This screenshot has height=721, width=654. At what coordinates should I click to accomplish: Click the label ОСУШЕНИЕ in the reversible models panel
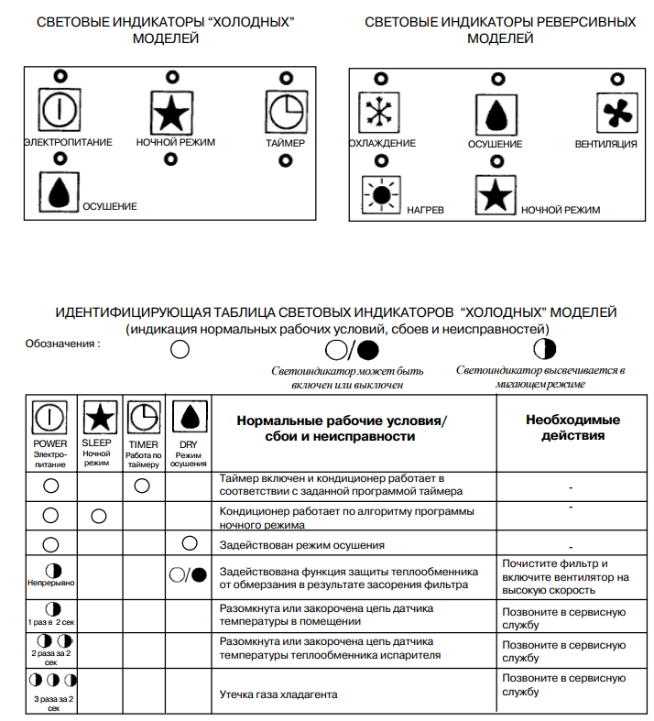pyautogui.click(x=496, y=144)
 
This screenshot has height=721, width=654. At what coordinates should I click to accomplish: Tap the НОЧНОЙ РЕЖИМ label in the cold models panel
pyautogui.click(x=170, y=143)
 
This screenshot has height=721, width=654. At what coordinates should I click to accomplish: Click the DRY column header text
pyautogui.click(x=189, y=444)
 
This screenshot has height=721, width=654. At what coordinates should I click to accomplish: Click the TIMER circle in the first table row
pyautogui.click(x=142, y=486)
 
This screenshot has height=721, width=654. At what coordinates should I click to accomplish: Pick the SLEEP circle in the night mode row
pyautogui.click(x=98, y=516)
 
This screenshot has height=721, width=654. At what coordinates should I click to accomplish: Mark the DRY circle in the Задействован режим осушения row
pyautogui.click(x=190, y=543)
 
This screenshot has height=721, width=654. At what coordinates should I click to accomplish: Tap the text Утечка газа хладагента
pyautogui.click(x=278, y=694)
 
